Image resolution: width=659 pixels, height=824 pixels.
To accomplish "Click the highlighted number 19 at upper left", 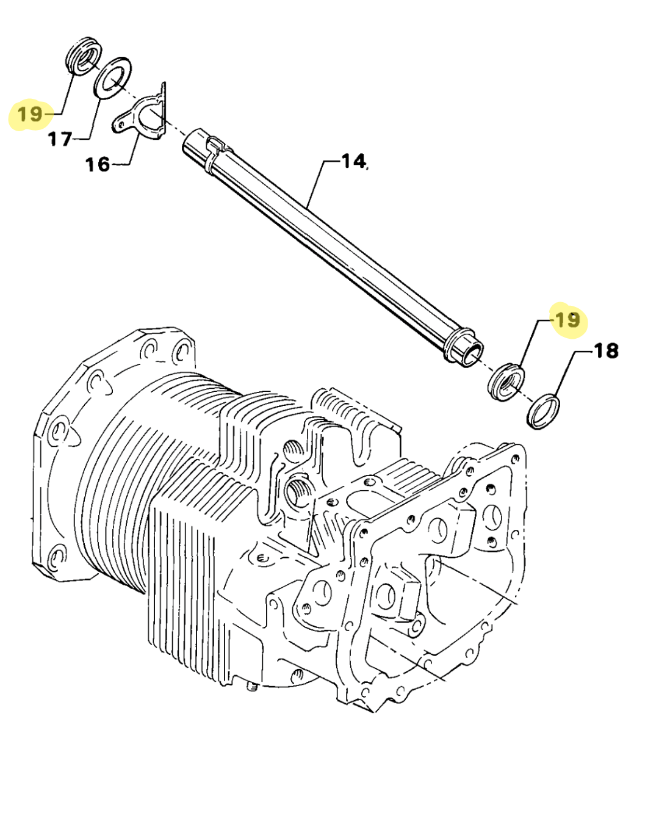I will (30, 114).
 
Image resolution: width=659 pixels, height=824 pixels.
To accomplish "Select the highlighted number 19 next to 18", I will (567, 319).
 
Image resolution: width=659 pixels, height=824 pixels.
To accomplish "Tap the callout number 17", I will (60, 140).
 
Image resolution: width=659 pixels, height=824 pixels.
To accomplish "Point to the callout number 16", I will (97, 164).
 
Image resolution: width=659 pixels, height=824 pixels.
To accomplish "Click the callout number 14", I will (353, 161).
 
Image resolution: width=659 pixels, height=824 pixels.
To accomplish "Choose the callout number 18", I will (605, 351).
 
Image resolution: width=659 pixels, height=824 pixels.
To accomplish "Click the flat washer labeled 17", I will (113, 78).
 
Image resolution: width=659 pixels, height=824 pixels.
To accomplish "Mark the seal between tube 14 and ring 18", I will (506, 381).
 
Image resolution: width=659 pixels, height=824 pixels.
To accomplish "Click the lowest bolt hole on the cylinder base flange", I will (57, 557).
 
